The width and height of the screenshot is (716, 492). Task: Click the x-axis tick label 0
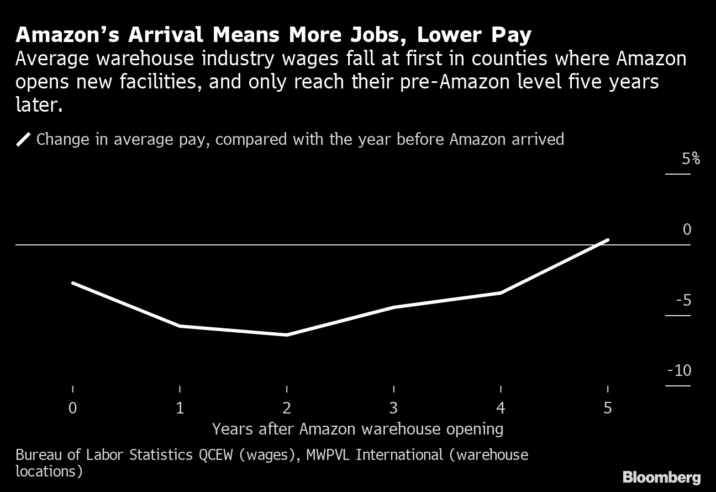72,408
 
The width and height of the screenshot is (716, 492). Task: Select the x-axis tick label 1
180,408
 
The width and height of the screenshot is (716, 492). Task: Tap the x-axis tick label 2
287,408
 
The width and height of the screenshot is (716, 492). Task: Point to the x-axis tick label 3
393,408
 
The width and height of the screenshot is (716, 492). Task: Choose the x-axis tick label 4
501,408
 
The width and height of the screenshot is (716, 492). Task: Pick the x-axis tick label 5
608,408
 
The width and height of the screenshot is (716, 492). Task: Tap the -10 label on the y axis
679,370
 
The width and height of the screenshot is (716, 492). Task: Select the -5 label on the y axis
683,300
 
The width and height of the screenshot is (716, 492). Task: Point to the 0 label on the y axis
687,229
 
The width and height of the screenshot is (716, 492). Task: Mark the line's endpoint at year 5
608,240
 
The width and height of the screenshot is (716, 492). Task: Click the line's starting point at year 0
73,283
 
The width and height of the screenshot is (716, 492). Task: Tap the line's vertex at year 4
501,292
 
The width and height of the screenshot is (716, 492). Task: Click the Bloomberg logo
661,477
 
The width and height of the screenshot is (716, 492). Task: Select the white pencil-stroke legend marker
23,139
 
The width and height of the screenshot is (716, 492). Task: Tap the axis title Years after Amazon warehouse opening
357,429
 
